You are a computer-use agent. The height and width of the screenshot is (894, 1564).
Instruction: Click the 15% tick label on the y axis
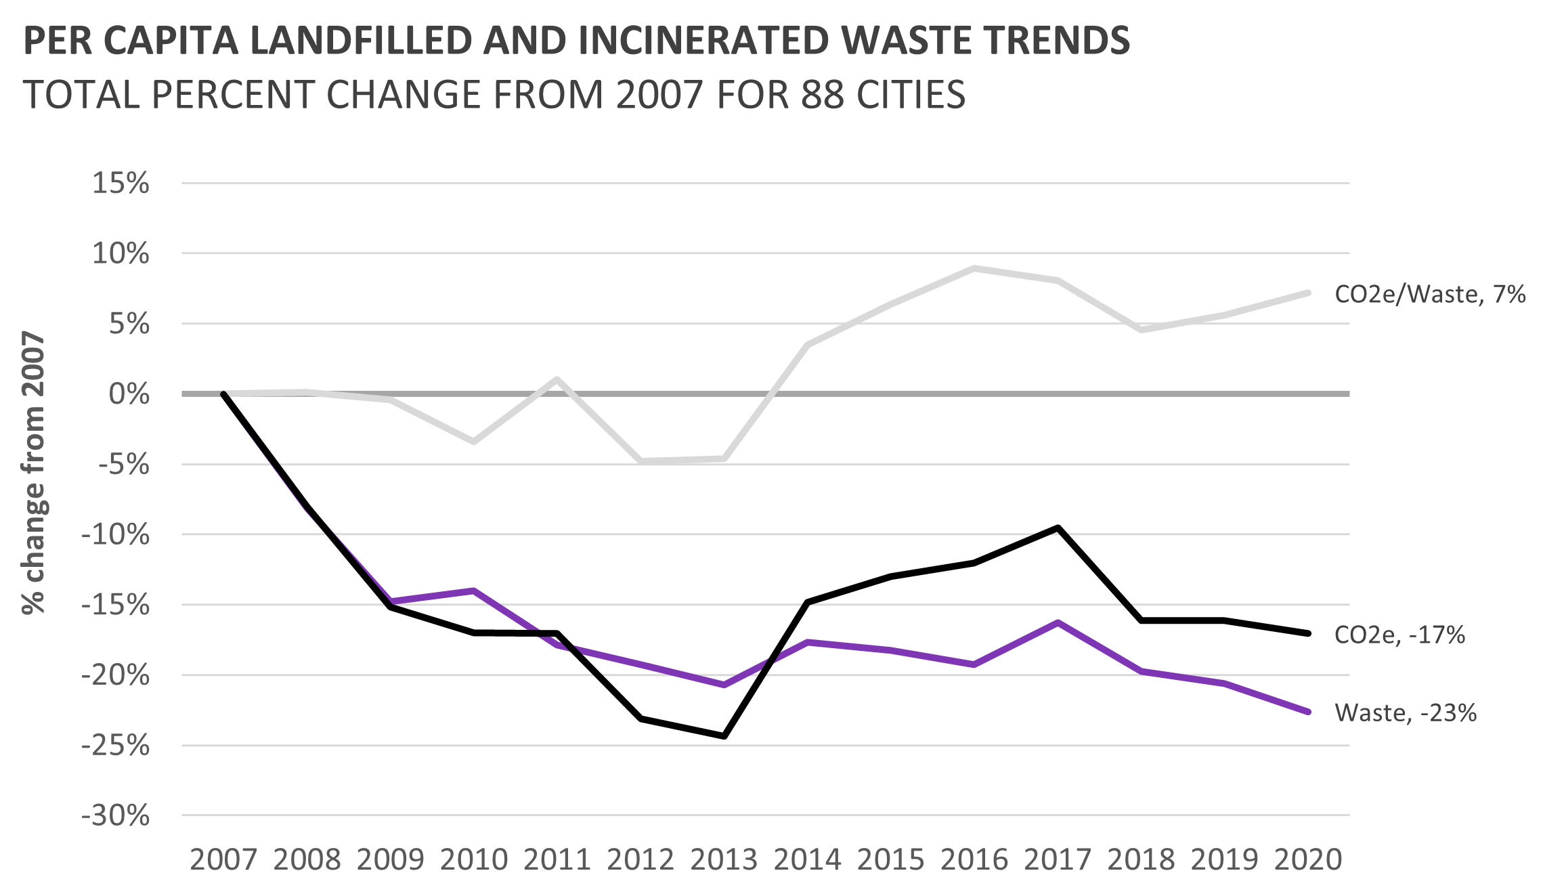click(121, 183)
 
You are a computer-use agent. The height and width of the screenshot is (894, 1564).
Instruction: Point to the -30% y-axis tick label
click(116, 815)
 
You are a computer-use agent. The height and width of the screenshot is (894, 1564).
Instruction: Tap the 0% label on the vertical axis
click(129, 393)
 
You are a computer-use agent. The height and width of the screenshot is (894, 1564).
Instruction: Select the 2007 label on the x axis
click(223, 859)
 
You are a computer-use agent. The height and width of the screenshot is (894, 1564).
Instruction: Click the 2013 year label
click(724, 859)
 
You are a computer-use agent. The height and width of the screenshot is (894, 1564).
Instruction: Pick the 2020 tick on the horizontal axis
click(1307, 859)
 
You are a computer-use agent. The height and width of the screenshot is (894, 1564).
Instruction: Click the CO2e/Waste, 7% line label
click(1430, 294)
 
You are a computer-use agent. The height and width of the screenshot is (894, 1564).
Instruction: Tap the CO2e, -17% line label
click(1399, 635)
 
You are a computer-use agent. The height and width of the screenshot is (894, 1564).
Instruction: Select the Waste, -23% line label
click(1406, 712)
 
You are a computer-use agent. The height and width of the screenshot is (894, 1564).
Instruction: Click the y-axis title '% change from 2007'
click(34, 472)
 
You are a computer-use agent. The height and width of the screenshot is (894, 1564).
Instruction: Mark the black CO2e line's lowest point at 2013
click(724, 736)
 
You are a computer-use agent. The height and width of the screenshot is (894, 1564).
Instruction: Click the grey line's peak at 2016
click(974, 268)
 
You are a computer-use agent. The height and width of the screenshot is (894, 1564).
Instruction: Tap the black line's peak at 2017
click(1058, 528)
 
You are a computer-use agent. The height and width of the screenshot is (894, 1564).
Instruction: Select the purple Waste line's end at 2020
click(1307, 712)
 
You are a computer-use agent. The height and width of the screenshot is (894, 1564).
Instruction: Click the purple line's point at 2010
click(474, 591)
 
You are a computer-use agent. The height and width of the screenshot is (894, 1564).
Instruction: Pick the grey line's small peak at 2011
click(557, 379)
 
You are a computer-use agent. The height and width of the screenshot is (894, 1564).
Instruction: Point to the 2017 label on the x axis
click(1058, 859)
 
